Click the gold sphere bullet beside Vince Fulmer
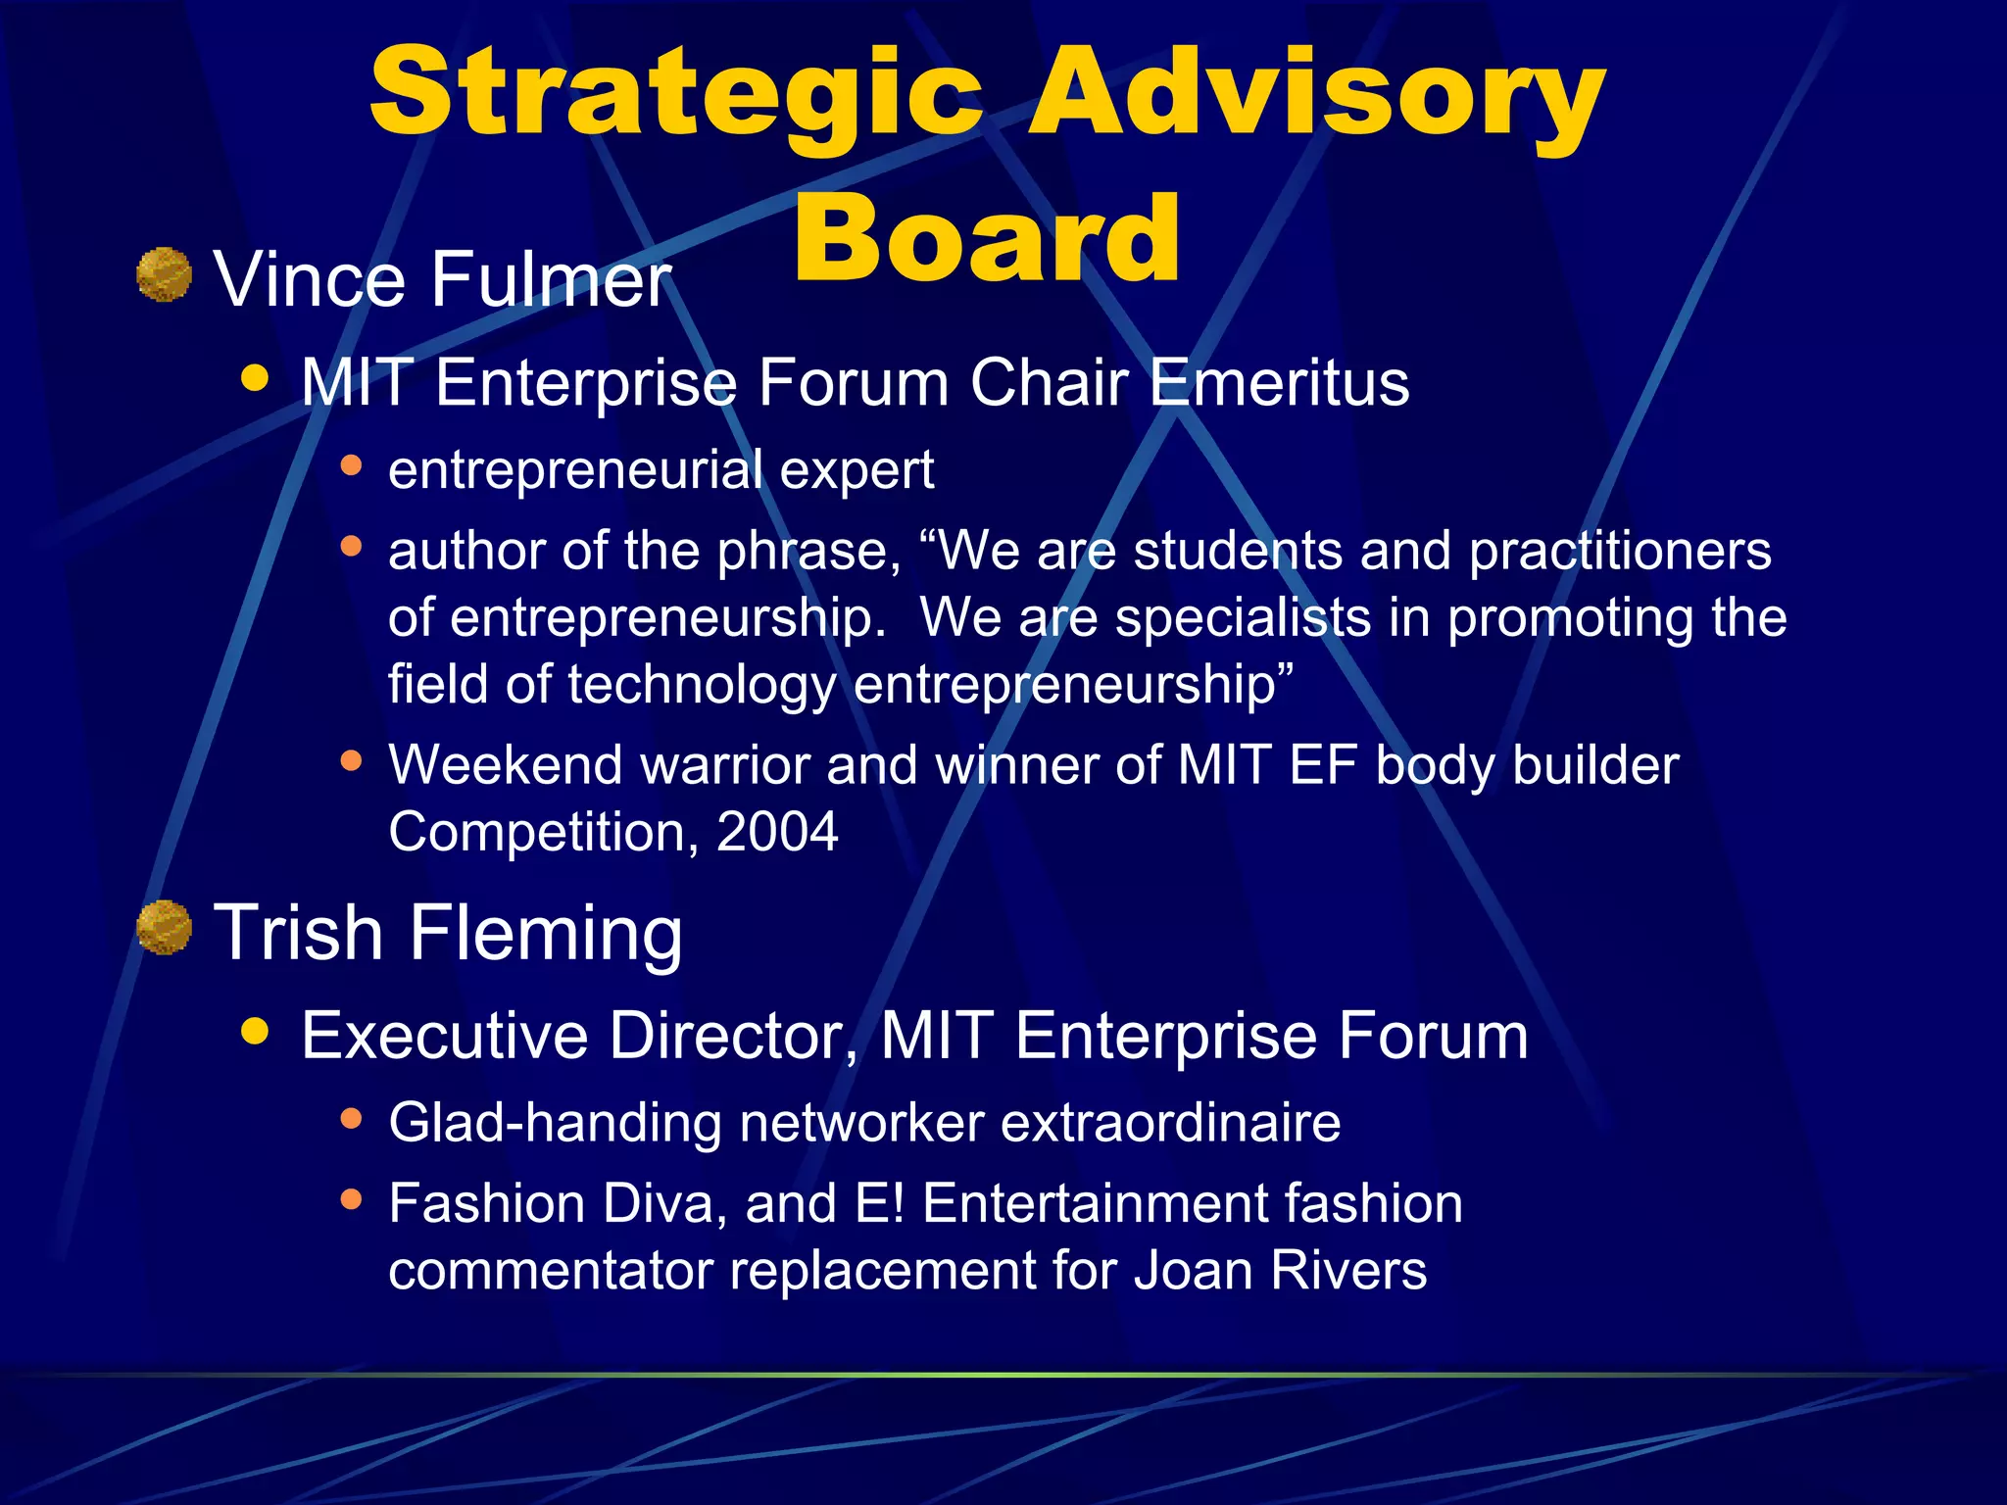click(164, 275)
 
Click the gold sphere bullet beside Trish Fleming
click(164, 927)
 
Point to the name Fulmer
click(551, 280)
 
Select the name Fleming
click(546, 933)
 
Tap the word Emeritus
click(1278, 382)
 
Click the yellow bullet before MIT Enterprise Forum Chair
click(255, 378)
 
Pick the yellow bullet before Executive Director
click(255, 1031)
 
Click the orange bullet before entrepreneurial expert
click(351, 465)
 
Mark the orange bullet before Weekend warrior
click(351, 760)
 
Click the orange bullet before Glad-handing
click(351, 1118)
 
